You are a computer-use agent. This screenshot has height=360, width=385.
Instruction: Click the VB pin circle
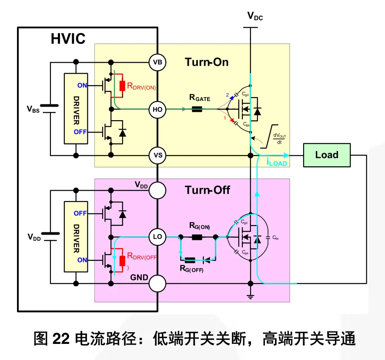[157, 63]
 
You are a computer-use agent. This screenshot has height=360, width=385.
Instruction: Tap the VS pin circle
[157, 155]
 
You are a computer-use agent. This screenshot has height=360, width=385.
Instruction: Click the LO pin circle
[157, 237]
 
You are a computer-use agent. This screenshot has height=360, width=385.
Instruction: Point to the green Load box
[327, 155]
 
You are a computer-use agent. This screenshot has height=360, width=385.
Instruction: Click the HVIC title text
[68, 39]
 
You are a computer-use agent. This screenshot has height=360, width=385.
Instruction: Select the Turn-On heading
[207, 62]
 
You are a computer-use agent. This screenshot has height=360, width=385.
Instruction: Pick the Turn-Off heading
[208, 190]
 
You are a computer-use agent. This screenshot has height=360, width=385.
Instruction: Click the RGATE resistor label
[200, 98]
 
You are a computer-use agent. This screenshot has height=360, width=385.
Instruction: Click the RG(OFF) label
[191, 269]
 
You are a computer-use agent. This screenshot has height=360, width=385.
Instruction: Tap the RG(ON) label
[199, 226]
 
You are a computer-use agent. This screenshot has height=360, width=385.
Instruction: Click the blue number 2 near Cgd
[226, 94]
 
